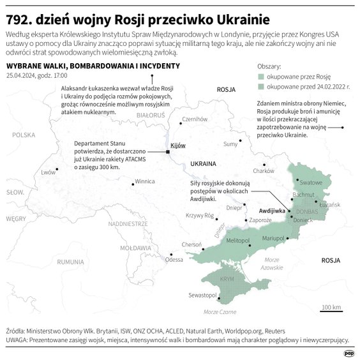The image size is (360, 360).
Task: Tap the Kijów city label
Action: coord(178,146)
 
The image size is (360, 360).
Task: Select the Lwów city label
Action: coord(49,172)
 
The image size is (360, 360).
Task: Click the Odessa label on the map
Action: coord(174,259)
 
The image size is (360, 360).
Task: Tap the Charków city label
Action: coord(263,170)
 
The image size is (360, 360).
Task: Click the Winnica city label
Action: coord(145,181)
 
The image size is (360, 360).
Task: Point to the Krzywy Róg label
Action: coord(199,216)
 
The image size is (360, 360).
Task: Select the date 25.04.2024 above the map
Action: coord(22,75)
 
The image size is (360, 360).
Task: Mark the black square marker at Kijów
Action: coord(167,151)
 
